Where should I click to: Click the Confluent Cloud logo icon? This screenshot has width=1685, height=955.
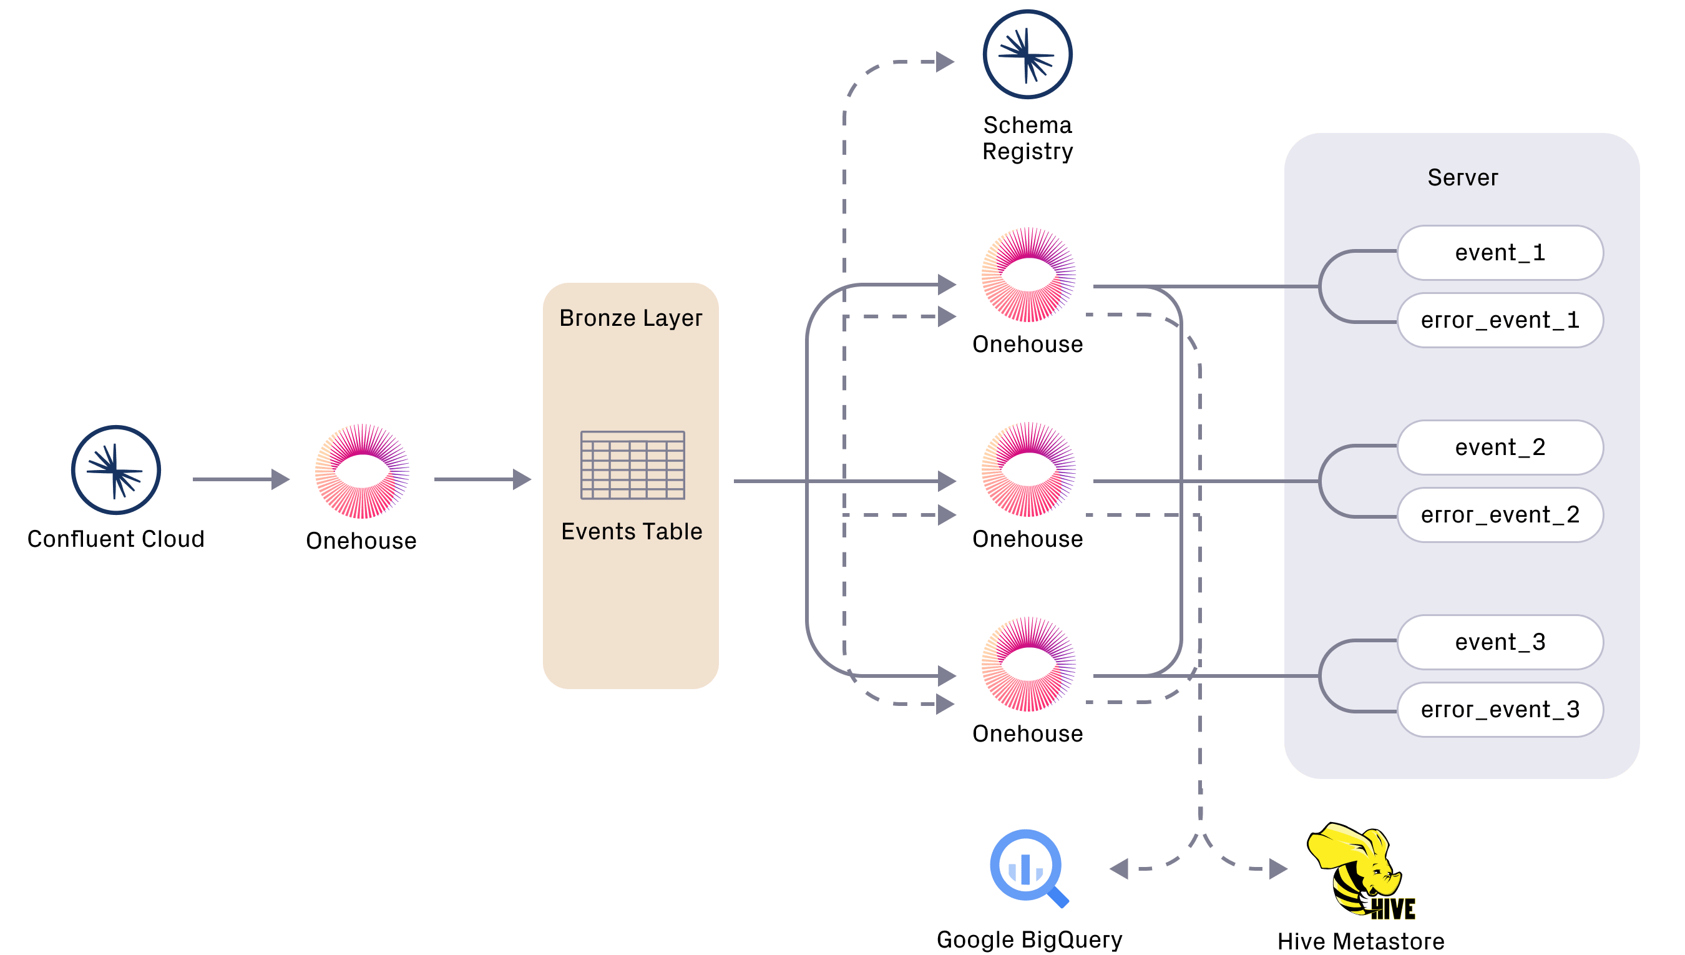coord(116,469)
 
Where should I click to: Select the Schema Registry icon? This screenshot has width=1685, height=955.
coord(1027,54)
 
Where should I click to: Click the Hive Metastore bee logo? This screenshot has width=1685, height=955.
coord(1360,870)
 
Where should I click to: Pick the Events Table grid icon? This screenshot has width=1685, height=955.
coord(633,465)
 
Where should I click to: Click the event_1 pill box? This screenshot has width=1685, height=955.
coord(1500,253)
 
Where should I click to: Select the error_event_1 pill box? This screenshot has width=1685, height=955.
coord(1500,320)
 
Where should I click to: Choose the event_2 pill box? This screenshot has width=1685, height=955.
coord(1500,448)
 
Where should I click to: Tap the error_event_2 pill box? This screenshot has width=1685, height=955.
coord(1500,515)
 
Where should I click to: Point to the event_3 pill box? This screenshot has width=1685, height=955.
coord(1500,642)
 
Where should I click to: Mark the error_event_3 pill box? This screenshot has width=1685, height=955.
coord(1500,710)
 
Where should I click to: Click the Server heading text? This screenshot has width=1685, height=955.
coord(1463,178)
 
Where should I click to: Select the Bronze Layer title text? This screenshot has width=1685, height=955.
coord(631,318)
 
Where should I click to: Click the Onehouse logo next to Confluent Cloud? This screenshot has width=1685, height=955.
coord(362,471)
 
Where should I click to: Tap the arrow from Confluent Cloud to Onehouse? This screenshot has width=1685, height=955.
coord(242,479)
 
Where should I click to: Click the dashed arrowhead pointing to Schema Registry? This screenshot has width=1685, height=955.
coord(945,62)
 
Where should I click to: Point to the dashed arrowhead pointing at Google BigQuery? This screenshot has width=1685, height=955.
coord(1118,869)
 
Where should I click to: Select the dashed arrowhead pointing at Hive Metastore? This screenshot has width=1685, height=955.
coord(1279,869)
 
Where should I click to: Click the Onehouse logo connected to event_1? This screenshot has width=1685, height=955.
coord(1028,275)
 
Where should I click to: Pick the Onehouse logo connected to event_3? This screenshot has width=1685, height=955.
coord(1028,664)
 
